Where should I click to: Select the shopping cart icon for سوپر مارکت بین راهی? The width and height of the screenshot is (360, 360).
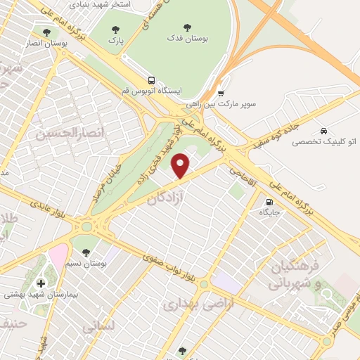pyautogui.click(x=221, y=92)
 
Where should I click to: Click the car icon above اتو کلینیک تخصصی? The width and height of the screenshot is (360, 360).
pyautogui.click(x=323, y=131)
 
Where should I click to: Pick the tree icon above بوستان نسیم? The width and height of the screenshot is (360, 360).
pyautogui.click(x=86, y=251)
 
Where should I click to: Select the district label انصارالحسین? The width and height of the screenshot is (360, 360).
pyautogui.click(x=63, y=132)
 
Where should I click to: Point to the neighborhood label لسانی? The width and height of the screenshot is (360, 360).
pyautogui.click(x=98, y=328)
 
